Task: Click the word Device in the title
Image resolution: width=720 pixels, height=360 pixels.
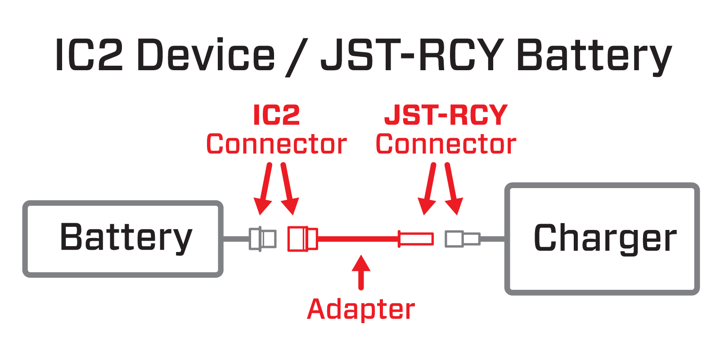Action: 205,55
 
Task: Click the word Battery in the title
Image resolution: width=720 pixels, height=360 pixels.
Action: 594,56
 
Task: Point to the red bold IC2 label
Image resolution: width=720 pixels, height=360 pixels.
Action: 276,115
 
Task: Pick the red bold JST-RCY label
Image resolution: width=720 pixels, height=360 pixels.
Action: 445,115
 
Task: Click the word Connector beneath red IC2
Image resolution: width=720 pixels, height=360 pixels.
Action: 276,144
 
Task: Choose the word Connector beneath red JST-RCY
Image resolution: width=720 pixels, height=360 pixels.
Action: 445,144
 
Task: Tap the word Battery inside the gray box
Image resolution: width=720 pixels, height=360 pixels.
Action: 126,237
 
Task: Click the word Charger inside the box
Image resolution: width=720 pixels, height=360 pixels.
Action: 605,238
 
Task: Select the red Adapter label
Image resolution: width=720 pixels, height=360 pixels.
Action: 360,310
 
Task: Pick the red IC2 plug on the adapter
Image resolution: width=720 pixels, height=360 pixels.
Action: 302,238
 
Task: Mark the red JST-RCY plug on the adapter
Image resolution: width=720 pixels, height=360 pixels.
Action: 416,238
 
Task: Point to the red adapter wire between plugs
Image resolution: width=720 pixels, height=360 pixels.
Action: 358,238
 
